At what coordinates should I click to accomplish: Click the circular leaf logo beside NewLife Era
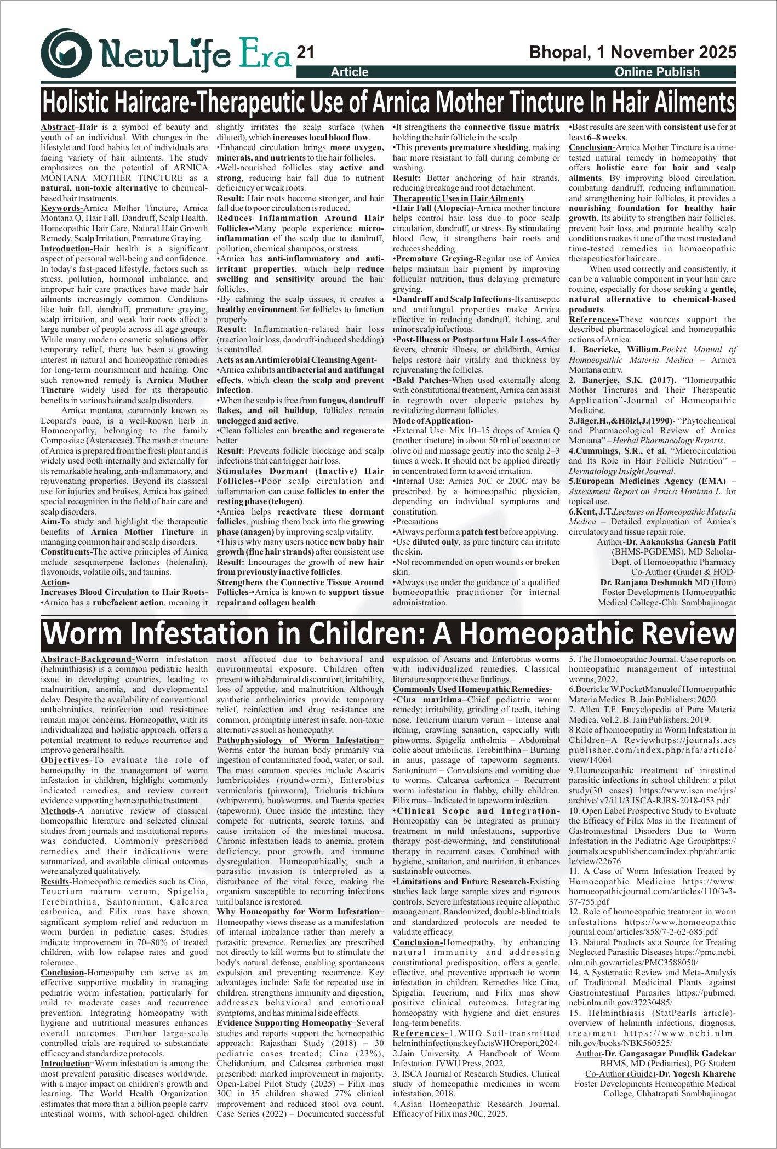[66, 53]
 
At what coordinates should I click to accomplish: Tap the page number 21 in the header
[305, 52]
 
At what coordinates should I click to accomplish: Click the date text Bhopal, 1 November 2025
[632, 52]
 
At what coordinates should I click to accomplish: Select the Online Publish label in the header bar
[657, 72]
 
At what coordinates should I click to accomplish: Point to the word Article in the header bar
[350, 72]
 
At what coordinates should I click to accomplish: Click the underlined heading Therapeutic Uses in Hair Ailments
[458, 198]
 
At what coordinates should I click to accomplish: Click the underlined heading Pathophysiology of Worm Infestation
[298, 740]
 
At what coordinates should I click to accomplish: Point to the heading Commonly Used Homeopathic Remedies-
[472, 689]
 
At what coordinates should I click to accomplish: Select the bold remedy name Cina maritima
[429, 700]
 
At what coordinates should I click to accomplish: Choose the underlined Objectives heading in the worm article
[65, 760]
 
